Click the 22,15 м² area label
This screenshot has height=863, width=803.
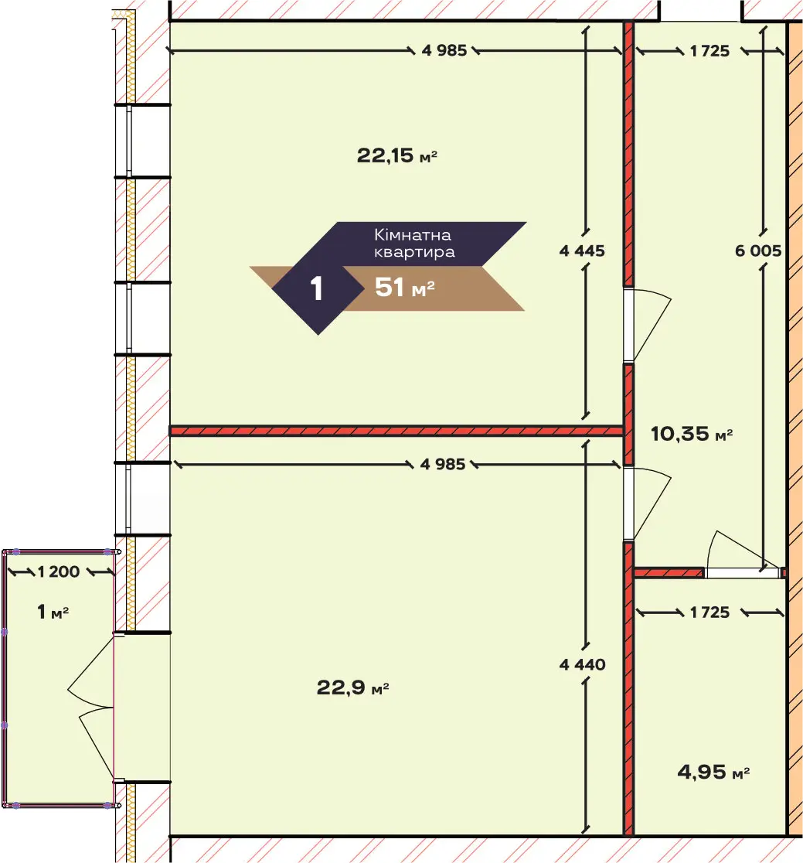[x=396, y=155]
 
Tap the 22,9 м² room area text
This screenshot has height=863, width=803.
[x=352, y=687]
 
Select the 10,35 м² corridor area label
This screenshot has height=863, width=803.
[x=692, y=434]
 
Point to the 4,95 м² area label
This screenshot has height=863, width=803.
[x=713, y=772]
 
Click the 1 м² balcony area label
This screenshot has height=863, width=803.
[x=53, y=612]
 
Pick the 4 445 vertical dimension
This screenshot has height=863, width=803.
[x=582, y=251]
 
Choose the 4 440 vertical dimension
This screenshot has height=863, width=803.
[x=582, y=665]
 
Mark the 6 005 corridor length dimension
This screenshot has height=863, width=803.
[x=758, y=251]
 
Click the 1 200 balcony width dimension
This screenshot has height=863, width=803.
[x=59, y=571]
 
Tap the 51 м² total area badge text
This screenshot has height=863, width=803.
[x=405, y=288]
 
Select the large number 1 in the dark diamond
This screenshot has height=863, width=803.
[x=316, y=288]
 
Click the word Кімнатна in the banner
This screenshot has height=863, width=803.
[x=413, y=235]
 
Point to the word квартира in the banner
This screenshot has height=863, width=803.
[x=414, y=252]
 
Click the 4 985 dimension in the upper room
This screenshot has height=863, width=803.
[x=444, y=50]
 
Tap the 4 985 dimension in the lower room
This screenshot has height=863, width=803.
[x=443, y=465]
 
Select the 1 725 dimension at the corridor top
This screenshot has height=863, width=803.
[x=709, y=51]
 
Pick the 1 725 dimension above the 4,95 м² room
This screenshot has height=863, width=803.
[x=709, y=612]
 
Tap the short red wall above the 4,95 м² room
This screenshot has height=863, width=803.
[x=669, y=573]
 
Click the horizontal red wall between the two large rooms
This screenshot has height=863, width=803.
[x=396, y=431]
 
